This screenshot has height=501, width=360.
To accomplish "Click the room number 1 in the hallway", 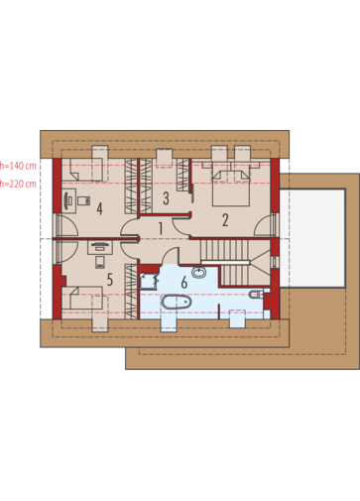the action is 161,228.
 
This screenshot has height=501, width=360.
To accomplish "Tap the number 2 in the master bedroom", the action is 225,220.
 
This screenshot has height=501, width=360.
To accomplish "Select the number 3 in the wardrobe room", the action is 166,198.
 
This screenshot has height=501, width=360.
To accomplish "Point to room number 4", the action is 99,208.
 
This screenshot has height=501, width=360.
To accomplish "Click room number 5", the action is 110,280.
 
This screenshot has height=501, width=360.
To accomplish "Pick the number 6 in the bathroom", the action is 184,282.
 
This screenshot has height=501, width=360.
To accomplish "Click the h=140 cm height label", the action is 18,166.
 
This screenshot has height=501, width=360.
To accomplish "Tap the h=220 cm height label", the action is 18,184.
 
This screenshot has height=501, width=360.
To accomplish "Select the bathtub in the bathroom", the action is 177,302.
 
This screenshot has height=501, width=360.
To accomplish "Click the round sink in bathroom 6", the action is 198,273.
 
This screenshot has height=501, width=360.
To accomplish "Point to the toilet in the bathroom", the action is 256,294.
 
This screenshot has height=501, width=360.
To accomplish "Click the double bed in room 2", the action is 230,188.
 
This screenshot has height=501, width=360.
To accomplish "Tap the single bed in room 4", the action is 82,170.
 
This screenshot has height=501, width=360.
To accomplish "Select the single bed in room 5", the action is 82,298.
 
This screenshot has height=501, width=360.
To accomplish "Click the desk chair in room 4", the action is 84,200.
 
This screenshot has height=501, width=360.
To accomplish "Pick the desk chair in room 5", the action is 100,262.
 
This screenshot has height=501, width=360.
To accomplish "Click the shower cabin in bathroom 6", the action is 149,281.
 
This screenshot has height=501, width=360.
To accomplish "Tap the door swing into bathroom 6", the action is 171,256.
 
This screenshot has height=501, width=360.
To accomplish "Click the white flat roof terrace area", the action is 312,238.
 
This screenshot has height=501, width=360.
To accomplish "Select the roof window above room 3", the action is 165,158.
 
